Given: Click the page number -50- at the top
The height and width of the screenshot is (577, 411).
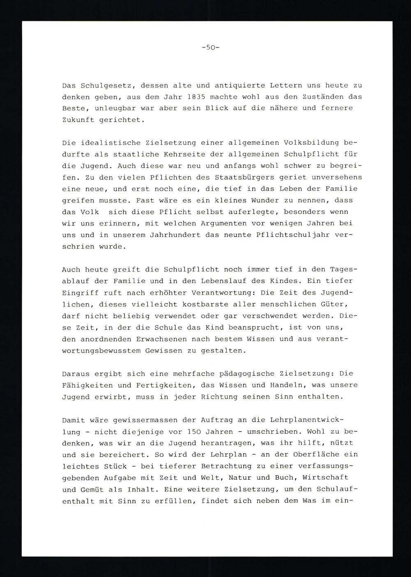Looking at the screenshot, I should (211, 47).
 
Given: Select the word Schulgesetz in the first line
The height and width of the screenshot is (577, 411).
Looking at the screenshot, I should (108, 86).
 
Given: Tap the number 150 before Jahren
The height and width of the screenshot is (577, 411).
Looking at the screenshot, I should (194, 432).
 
